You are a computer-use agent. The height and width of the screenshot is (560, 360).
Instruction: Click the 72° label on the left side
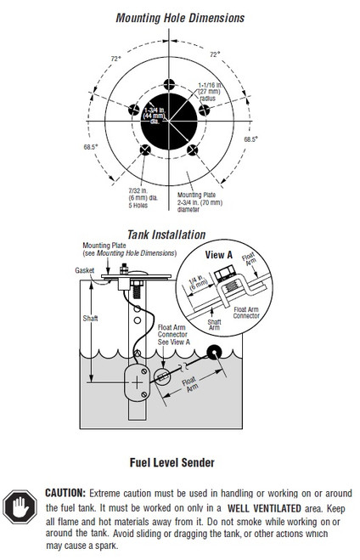(x=115, y=58)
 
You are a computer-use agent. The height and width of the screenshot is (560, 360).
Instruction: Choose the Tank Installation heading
(x=166, y=234)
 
